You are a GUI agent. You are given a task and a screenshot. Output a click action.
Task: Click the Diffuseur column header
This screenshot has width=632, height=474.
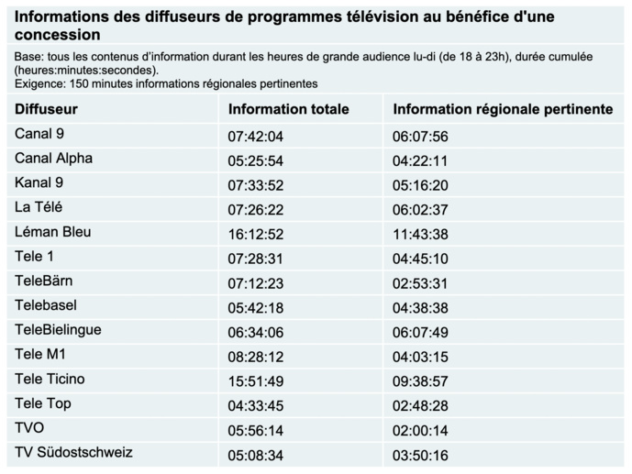point(46,109)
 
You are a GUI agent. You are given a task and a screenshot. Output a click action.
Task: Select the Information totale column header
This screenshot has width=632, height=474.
point(288,109)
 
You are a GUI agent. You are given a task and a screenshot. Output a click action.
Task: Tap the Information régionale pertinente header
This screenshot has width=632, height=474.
point(503,109)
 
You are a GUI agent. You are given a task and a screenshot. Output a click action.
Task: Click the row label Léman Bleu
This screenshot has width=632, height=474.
point(52,232)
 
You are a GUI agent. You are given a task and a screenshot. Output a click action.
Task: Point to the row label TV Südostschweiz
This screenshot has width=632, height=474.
point(73,452)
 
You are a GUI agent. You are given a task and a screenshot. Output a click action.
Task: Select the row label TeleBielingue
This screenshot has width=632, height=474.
point(58,330)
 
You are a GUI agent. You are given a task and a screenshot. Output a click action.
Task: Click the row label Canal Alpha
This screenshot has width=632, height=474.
point(53,159)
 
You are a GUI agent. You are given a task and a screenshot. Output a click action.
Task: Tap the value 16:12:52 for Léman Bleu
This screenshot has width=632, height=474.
point(256,233)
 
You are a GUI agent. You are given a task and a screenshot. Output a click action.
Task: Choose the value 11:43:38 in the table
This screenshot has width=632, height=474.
point(420,233)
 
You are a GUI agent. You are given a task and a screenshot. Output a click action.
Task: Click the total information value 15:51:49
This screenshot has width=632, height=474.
point(256,380)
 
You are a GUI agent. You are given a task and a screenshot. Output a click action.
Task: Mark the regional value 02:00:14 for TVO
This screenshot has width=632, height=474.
point(420,429)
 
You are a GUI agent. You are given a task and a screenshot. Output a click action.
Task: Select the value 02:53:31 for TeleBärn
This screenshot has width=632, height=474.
point(420,282)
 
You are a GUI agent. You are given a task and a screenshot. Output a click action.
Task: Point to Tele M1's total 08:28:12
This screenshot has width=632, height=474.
point(256,356)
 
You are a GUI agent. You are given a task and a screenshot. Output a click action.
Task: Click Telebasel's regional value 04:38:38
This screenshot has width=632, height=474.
point(420,306)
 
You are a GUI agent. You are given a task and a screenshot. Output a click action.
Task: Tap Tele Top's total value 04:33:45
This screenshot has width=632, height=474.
point(256,404)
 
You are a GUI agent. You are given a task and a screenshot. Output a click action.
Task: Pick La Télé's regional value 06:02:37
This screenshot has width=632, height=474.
point(420,209)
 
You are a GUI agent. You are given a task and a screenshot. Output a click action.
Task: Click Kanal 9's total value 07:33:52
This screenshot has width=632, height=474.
point(256,184)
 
